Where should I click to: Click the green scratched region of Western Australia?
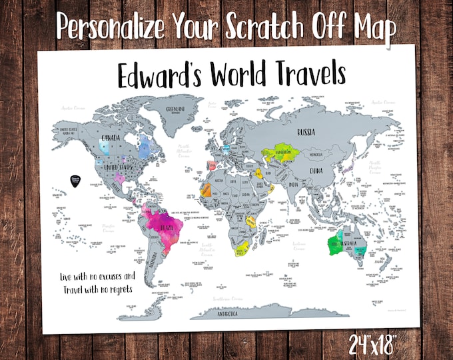tap(334, 244)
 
